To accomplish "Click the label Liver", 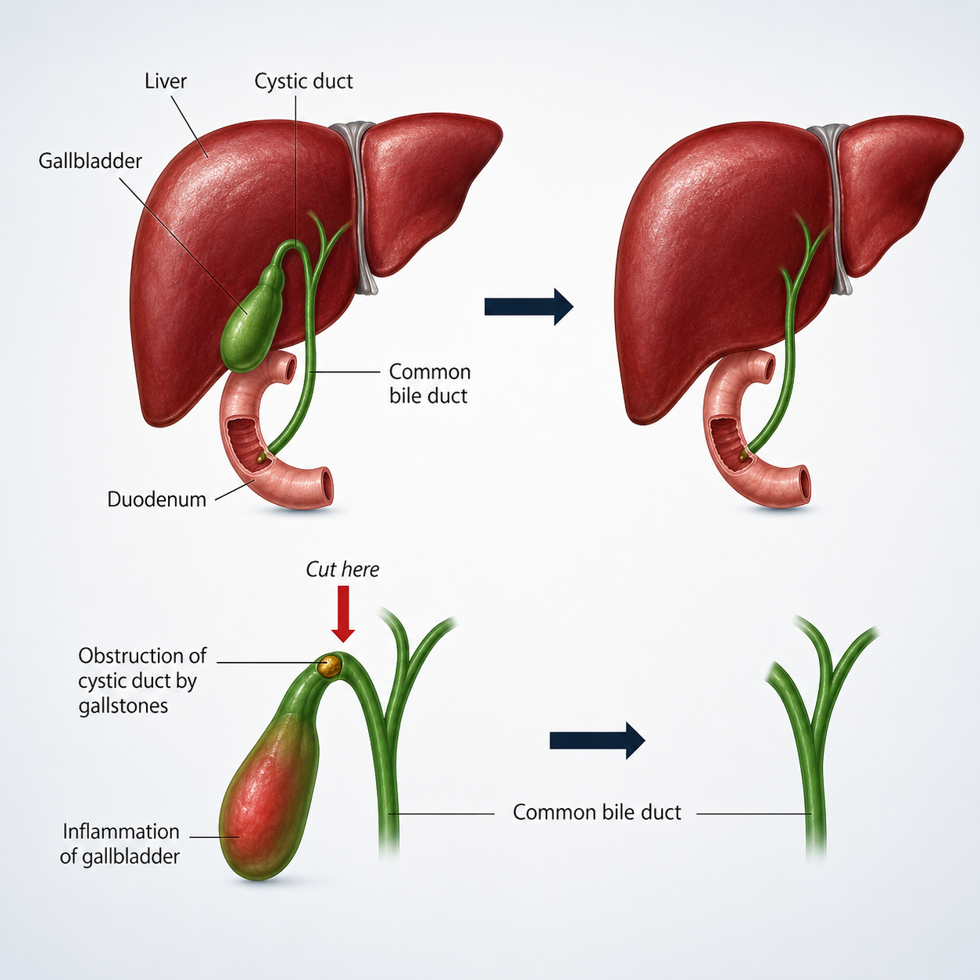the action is pyautogui.click(x=165, y=81).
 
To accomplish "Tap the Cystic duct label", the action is pyautogui.click(x=303, y=81).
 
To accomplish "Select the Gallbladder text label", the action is pyautogui.click(x=90, y=161).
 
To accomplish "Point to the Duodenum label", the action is pyautogui.click(x=156, y=499).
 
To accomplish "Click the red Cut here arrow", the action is pyautogui.click(x=343, y=613).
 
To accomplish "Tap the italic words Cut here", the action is pyautogui.click(x=342, y=570).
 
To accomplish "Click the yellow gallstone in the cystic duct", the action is pyautogui.click(x=330, y=666).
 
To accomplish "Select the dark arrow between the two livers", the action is pyautogui.click(x=529, y=306).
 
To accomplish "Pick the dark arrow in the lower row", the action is pyautogui.click(x=597, y=740).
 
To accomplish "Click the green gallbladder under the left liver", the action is pyautogui.click(x=249, y=320).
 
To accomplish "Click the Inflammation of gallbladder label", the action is pyautogui.click(x=120, y=844).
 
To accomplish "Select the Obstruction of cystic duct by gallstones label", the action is pyautogui.click(x=142, y=681).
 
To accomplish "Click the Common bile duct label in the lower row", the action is pyautogui.click(x=596, y=812).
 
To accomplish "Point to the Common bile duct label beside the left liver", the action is pyautogui.click(x=429, y=384).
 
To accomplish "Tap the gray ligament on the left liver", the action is pyautogui.click(x=359, y=209).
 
